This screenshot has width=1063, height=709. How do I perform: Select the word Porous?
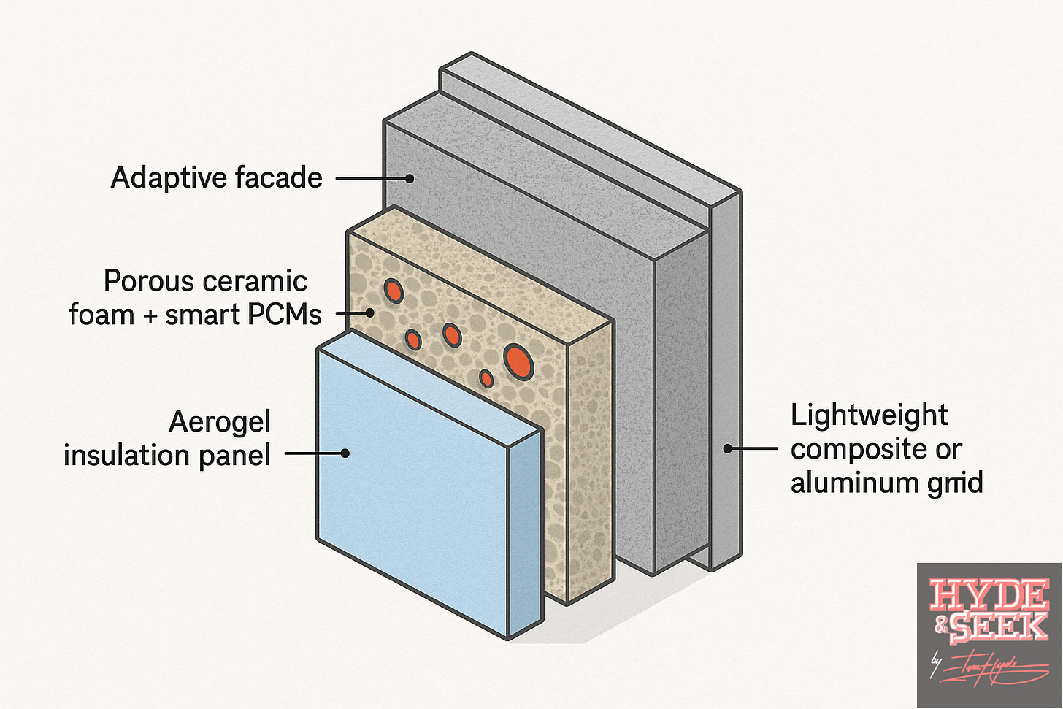coord(150,281)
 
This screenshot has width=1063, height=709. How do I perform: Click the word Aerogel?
coord(220,422)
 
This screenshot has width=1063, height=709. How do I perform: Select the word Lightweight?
coord(869,415)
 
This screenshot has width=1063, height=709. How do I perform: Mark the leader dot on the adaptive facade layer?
coord(410,178)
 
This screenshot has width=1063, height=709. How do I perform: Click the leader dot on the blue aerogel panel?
coord(345,453)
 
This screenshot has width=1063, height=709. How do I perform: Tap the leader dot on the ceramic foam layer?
coord(370,313)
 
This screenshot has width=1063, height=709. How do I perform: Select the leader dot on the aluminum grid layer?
coord(727,448)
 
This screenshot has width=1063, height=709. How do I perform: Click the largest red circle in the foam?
coord(517,361)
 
